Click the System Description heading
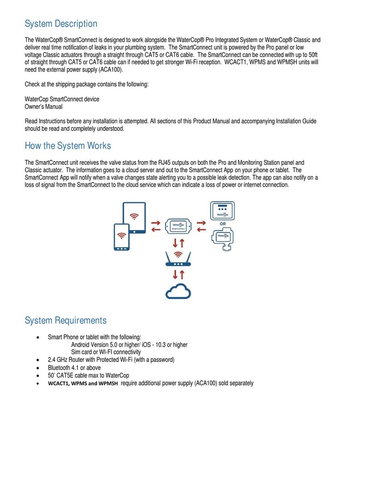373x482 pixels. (x=60, y=24)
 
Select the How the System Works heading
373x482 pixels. (x=67, y=146)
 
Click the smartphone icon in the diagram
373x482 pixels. (x=122, y=237)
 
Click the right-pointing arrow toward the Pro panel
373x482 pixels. (x=202, y=222)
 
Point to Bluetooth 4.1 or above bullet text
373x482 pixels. (x=74, y=368)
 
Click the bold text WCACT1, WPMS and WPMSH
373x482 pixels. (x=83, y=384)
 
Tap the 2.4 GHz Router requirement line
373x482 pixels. (x=111, y=359)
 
